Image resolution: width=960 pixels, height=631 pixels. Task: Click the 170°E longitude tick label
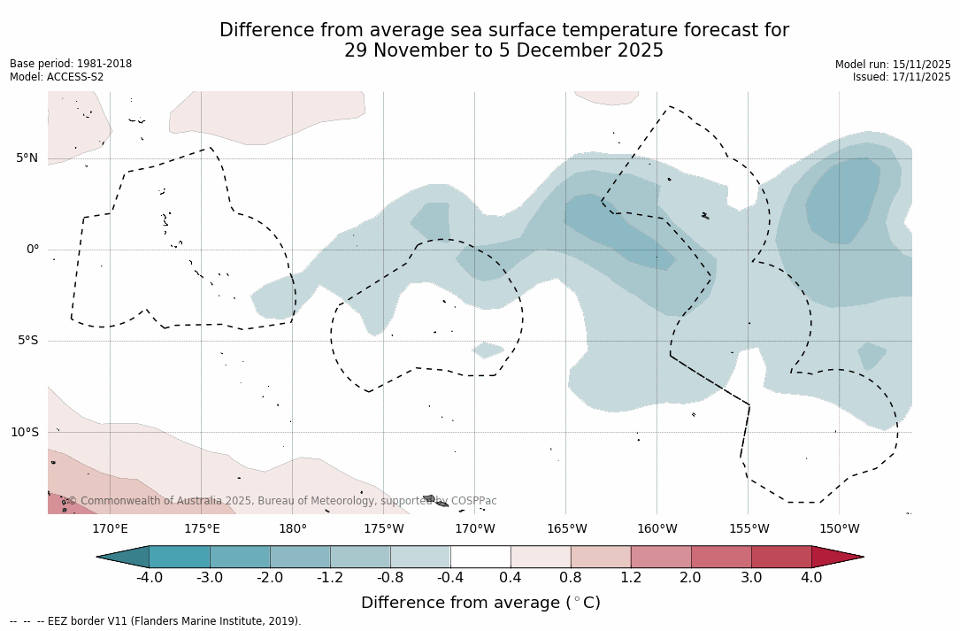click(x=110, y=529)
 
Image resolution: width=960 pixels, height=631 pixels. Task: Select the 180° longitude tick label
click(x=293, y=529)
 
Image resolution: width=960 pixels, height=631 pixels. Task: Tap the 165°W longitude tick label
click(x=566, y=529)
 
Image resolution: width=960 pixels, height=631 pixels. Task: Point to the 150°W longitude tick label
click(x=839, y=529)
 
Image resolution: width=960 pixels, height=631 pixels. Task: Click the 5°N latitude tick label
click(x=27, y=158)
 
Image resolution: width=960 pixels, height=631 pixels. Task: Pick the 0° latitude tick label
click(x=33, y=250)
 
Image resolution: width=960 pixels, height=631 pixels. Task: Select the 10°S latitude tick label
click(x=24, y=433)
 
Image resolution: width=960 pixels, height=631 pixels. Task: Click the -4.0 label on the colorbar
click(x=149, y=578)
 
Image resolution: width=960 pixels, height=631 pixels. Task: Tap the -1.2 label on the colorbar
click(x=330, y=578)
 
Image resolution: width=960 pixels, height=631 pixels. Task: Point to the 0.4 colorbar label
click(x=511, y=578)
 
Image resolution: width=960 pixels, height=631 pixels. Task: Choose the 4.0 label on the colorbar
click(x=811, y=578)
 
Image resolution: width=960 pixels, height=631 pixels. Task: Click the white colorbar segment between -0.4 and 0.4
click(x=480, y=557)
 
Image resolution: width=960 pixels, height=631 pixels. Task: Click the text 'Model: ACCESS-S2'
click(x=57, y=77)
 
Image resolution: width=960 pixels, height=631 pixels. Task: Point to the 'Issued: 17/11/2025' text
click(x=902, y=77)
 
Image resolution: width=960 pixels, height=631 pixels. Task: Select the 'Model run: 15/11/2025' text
click(x=893, y=65)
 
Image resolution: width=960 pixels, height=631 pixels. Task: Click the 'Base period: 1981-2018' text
click(x=71, y=64)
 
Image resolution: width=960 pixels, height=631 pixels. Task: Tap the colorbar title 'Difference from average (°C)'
click(x=480, y=603)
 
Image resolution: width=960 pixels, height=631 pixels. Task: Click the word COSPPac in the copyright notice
click(x=474, y=501)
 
